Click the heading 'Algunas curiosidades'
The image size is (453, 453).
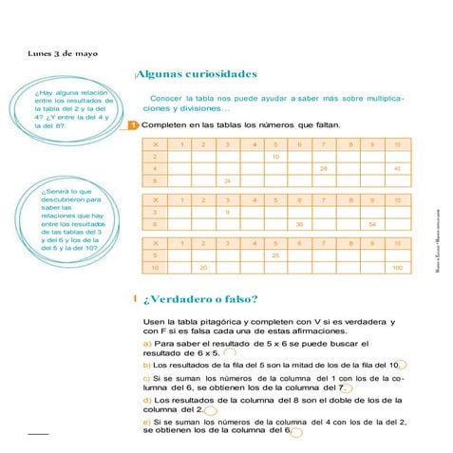click(x=197, y=73)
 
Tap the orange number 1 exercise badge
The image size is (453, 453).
click(x=133, y=124)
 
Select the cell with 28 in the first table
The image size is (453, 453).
click(x=324, y=168)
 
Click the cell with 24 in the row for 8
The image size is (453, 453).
click(x=227, y=180)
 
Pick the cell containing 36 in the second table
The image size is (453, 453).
click(x=299, y=224)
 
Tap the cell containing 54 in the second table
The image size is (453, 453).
click(x=372, y=224)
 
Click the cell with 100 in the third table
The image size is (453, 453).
click(x=397, y=268)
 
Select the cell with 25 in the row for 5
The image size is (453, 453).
click(x=275, y=255)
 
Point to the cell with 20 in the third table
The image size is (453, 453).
click(x=202, y=268)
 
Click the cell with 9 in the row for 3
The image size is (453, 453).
click(x=227, y=212)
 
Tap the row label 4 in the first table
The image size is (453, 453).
click(x=154, y=168)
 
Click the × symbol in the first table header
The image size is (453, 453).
click(x=154, y=144)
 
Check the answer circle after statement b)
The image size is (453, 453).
click(x=401, y=365)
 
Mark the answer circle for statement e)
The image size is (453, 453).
click(x=296, y=432)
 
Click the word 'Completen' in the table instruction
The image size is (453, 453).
click(x=161, y=124)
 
